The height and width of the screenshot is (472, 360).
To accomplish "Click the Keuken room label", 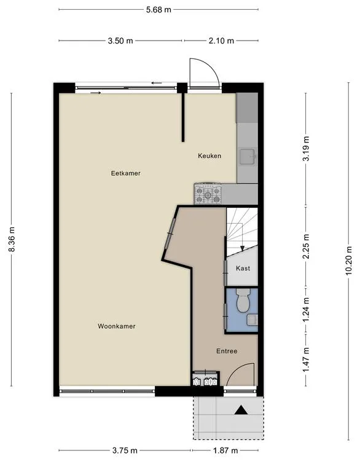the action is click(x=209, y=156).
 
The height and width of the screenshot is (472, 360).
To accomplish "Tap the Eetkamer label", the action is click(x=126, y=173).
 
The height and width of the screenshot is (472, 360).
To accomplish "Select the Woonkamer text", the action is click(x=117, y=326).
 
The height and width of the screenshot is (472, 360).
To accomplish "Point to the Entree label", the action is click(x=227, y=351).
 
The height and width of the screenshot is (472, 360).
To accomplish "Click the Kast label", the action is click(x=243, y=268).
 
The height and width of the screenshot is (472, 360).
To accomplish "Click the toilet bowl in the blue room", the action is click(x=243, y=301).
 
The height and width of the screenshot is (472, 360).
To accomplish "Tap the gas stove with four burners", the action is click(x=208, y=193).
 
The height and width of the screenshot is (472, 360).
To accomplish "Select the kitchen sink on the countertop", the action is click(x=248, y=157).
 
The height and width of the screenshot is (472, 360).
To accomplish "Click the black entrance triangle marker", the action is click(x=241, y=410).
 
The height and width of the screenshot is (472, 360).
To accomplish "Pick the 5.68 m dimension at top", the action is click(x=158, y=10).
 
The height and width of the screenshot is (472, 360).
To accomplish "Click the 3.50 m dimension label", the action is click(x=120, y=41).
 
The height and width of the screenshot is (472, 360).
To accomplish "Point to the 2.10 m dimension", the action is click(x=221, y=41).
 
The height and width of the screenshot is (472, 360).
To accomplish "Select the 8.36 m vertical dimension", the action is click(x=12, y=239).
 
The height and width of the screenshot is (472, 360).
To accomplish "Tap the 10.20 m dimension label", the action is click(x=348, y=261).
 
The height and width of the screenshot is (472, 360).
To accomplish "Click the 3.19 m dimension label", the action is click(x=306, y=149).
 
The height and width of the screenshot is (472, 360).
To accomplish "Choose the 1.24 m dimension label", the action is click(x=306, y=310).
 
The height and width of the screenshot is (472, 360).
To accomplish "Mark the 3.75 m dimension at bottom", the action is click(x=125, y=450).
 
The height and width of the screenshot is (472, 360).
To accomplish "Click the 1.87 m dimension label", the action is click(x=225, y=450).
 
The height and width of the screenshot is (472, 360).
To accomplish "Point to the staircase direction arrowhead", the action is click(x=242, y=248).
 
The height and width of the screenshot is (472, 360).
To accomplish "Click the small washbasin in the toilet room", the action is click(x=252, y=320).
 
